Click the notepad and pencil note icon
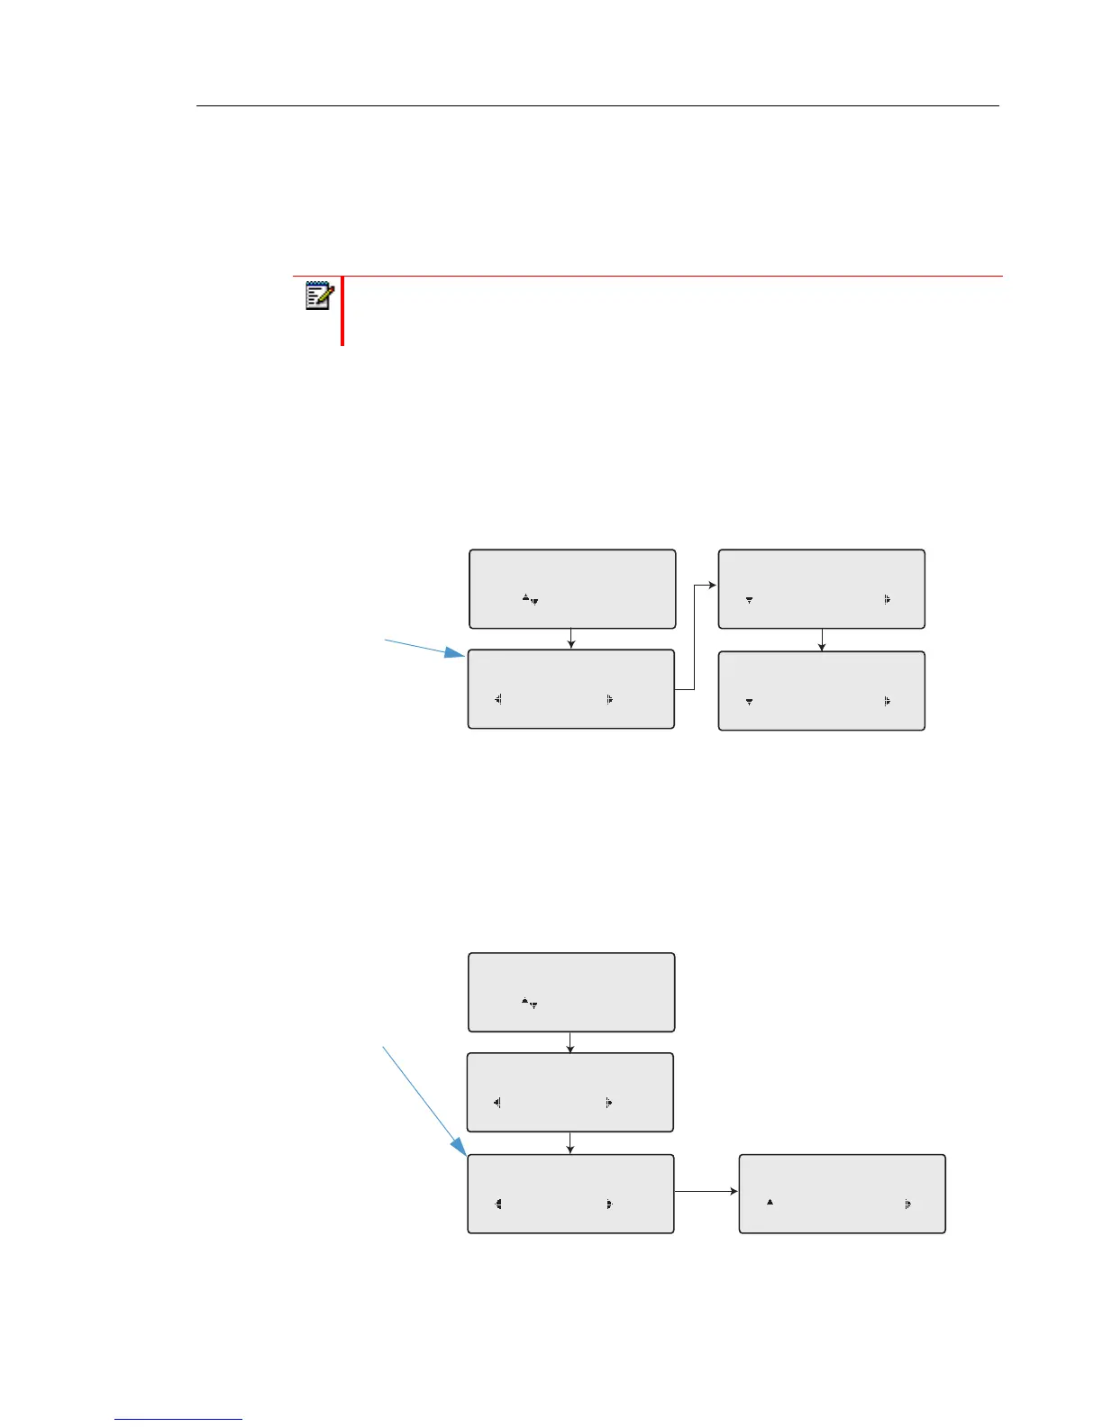(x=320, y=296)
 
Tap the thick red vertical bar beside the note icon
(x=342, y=311)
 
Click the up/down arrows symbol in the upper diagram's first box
(x=530, y=598)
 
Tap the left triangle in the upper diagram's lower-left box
(x=497, y=698)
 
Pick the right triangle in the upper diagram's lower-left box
(x=610, y=698)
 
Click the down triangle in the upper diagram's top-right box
(x=749, y=600)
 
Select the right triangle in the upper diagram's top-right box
(x=888, y=599)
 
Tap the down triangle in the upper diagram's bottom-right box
(x=749, y=701)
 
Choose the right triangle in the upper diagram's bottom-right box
(x=888, y=700)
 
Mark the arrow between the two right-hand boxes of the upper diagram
(x=822, y=640)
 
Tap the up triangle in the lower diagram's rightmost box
(x=770, y=1202)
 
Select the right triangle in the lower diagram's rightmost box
(x=907, y=1203)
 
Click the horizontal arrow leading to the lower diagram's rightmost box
(x=706, y=1192)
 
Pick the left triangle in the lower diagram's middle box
(x=497, y=1102)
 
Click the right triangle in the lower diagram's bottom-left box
(x=610, y=1203)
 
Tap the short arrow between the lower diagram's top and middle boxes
(x=571, y=1042)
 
